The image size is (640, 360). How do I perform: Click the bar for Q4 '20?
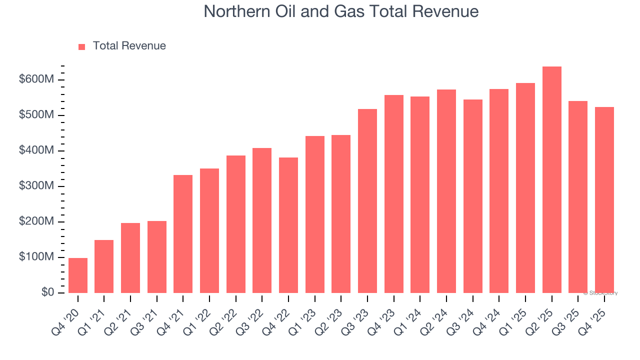[x=78, y=275]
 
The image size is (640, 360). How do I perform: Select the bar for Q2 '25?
[x=551, y=180]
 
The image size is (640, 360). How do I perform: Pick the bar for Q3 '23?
[x=367, y=201]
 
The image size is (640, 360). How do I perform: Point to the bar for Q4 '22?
[x=288, y=225]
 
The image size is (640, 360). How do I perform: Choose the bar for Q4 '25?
[x=604, y=200]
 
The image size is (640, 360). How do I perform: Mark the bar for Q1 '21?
[x=104, y=266]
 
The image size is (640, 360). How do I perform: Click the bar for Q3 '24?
[x=472, y=196]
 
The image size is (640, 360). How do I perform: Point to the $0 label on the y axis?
[x=48, y=292]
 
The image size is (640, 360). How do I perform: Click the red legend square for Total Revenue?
[x=82, y=46]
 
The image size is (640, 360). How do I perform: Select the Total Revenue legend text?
[x=129, y=46]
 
